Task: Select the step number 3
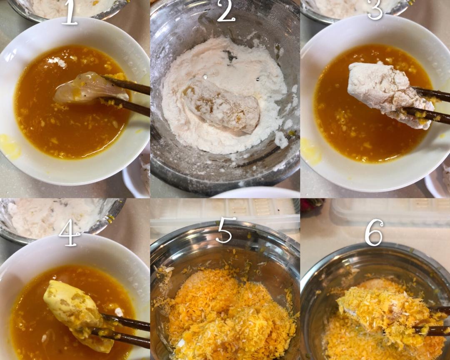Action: (375, 10)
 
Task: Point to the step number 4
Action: (69, 232)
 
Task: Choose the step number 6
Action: (374, 232)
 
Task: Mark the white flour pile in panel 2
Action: (224, 95)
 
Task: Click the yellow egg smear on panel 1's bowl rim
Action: (10, 146)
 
